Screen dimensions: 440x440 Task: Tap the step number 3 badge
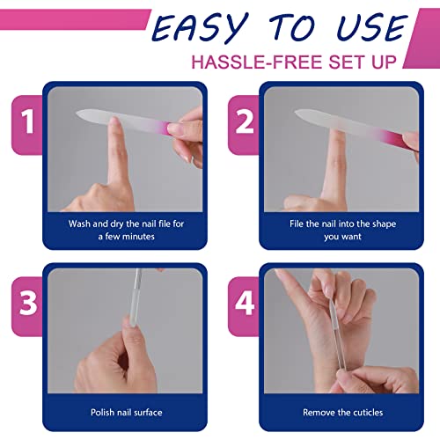(29, 304)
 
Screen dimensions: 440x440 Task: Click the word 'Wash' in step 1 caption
(82, 224)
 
